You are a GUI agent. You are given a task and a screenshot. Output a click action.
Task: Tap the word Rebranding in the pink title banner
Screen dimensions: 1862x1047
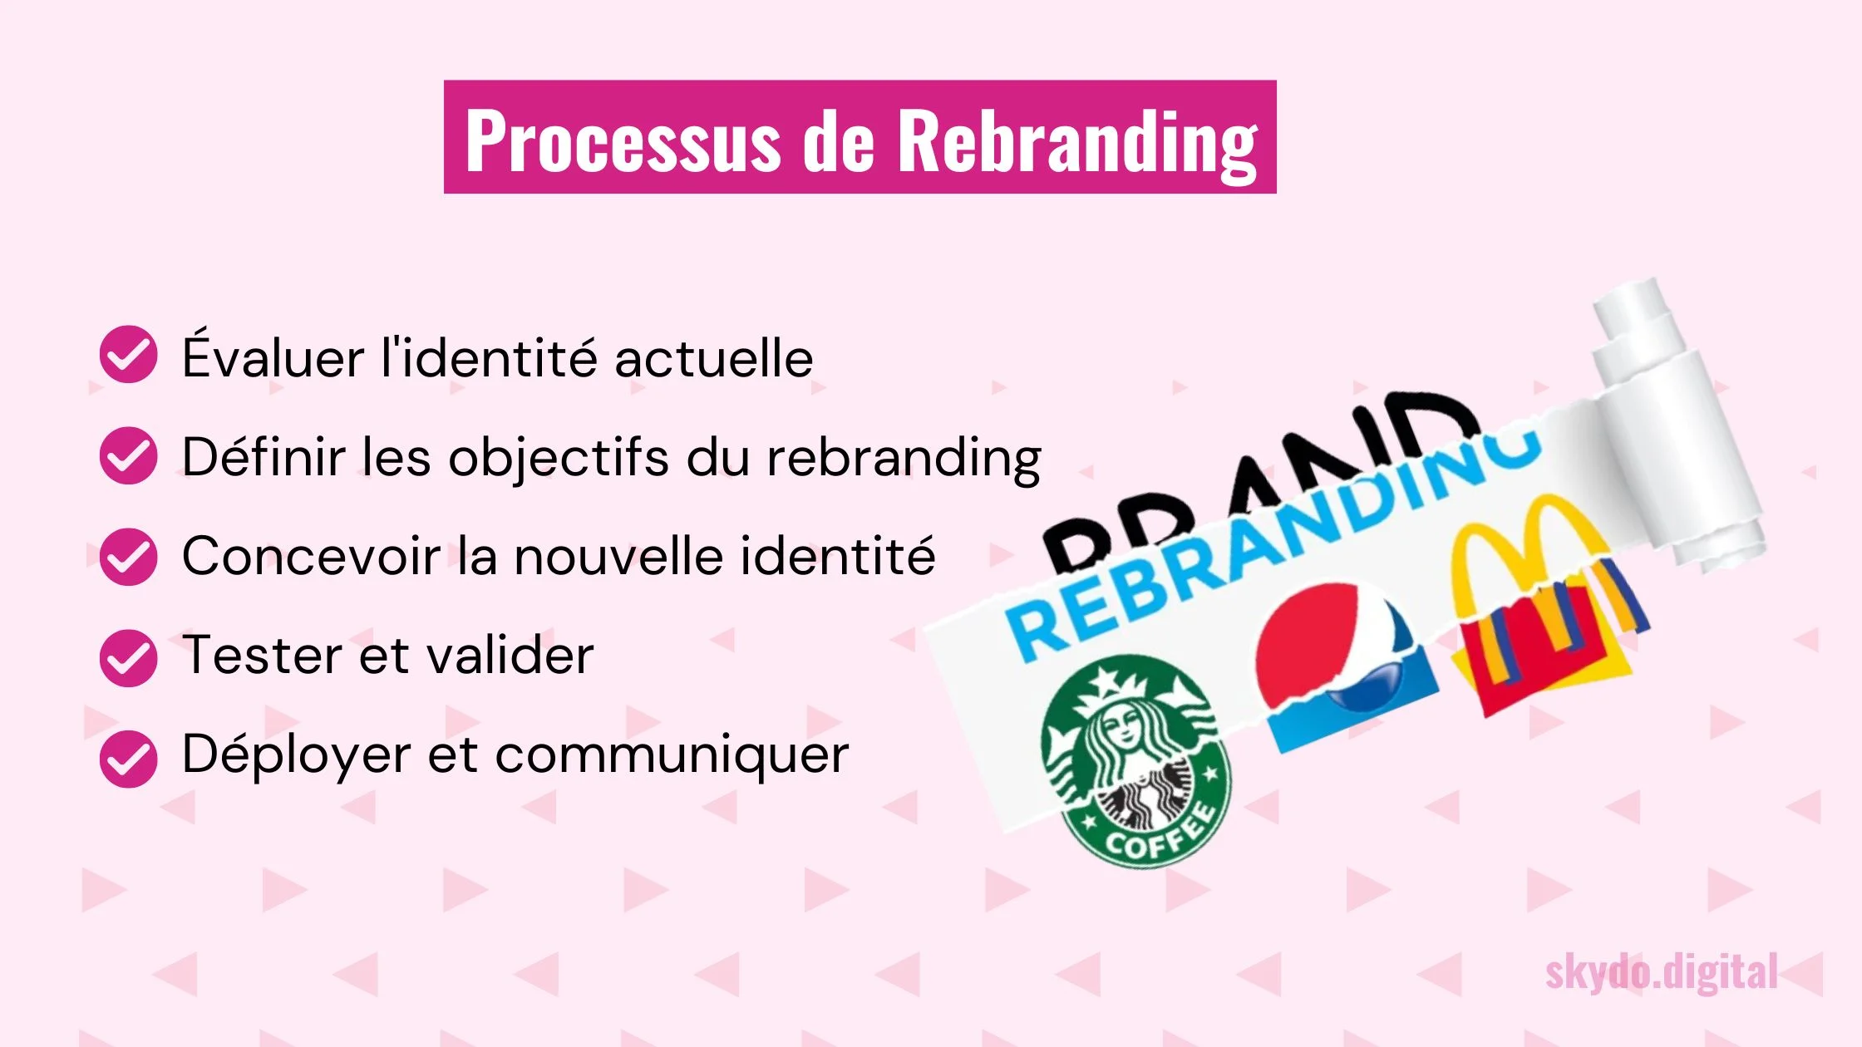point(1078,144)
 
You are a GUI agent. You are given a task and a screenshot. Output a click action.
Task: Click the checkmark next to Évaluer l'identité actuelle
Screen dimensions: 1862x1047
point(128,354)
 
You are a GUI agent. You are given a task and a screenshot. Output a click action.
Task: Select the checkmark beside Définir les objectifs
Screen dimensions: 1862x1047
point(128,455)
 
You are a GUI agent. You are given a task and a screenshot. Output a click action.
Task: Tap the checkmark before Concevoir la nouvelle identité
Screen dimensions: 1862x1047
point(128,557)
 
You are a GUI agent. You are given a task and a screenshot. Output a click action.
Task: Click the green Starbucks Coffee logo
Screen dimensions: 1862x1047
point(1135,760)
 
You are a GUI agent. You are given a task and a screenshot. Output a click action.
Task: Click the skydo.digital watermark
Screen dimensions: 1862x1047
point(1661,973)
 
